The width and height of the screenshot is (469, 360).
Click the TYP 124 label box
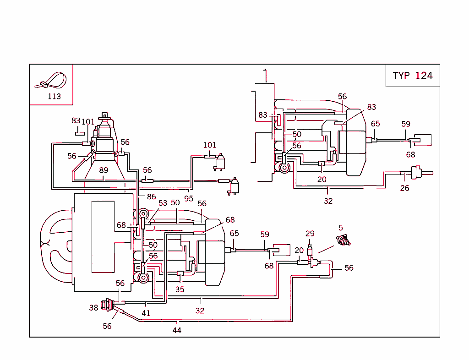(412, 76)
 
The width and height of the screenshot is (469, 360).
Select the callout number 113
(54, 97)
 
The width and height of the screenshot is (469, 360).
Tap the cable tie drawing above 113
(51, 81)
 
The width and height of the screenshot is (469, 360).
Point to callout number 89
(104, 170)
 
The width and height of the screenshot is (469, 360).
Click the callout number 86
(152, 196)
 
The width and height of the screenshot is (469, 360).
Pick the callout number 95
(189, 198)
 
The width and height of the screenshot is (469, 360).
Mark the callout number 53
(163, 203)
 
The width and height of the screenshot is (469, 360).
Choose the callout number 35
(180, 289)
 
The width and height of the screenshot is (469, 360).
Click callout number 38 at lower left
(93, 308)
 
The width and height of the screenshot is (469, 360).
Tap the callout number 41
(146, 313)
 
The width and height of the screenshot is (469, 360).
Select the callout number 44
(177, 330)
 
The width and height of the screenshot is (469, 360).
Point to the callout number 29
(310, 234)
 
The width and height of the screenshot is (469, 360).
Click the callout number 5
(341, 227)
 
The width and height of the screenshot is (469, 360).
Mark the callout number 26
(404, 188)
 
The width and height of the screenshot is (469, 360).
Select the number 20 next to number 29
(299, 250)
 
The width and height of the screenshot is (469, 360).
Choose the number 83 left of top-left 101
(76, 121)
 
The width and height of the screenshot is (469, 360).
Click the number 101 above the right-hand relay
(210, 145)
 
